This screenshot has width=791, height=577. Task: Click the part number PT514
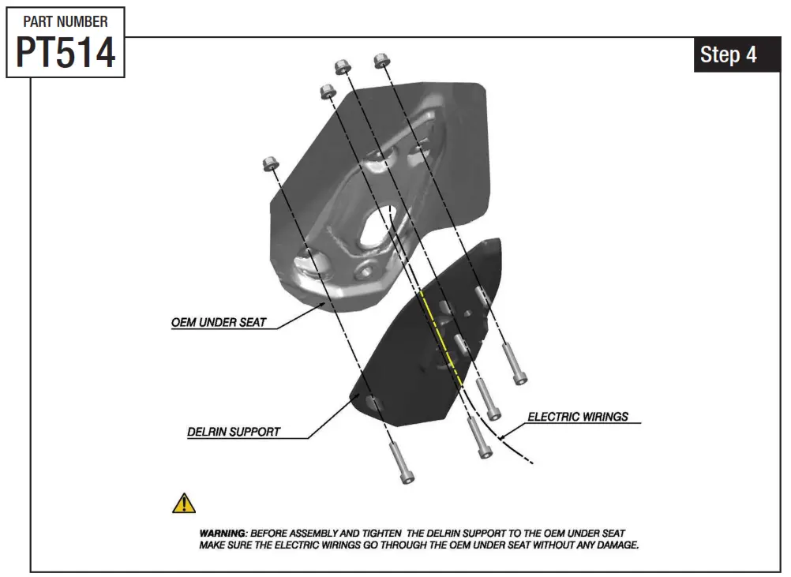(66, 52)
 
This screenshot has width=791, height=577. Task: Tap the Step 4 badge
(728, 54)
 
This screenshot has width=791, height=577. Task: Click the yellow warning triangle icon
(184, 504)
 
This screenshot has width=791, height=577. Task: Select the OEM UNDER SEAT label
(219, 323)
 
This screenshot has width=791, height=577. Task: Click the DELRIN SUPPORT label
(234, 433)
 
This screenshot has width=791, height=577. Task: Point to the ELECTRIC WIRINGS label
(578, 417)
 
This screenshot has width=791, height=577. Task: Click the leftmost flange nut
(269, 164)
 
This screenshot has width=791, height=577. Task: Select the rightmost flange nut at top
(383, 59)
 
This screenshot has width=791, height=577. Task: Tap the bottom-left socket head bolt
(401, 463)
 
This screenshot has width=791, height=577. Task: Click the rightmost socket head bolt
(514, 364)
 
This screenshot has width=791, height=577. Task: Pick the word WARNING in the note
(222, 534)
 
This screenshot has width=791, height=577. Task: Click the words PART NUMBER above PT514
(66, 21)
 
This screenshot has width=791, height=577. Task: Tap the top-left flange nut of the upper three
(328, 92)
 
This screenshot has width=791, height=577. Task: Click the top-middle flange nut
(343, 67)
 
